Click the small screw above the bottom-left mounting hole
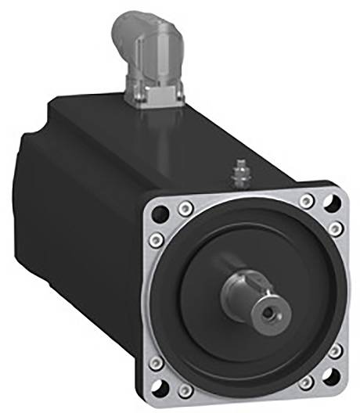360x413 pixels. (155, 362)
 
